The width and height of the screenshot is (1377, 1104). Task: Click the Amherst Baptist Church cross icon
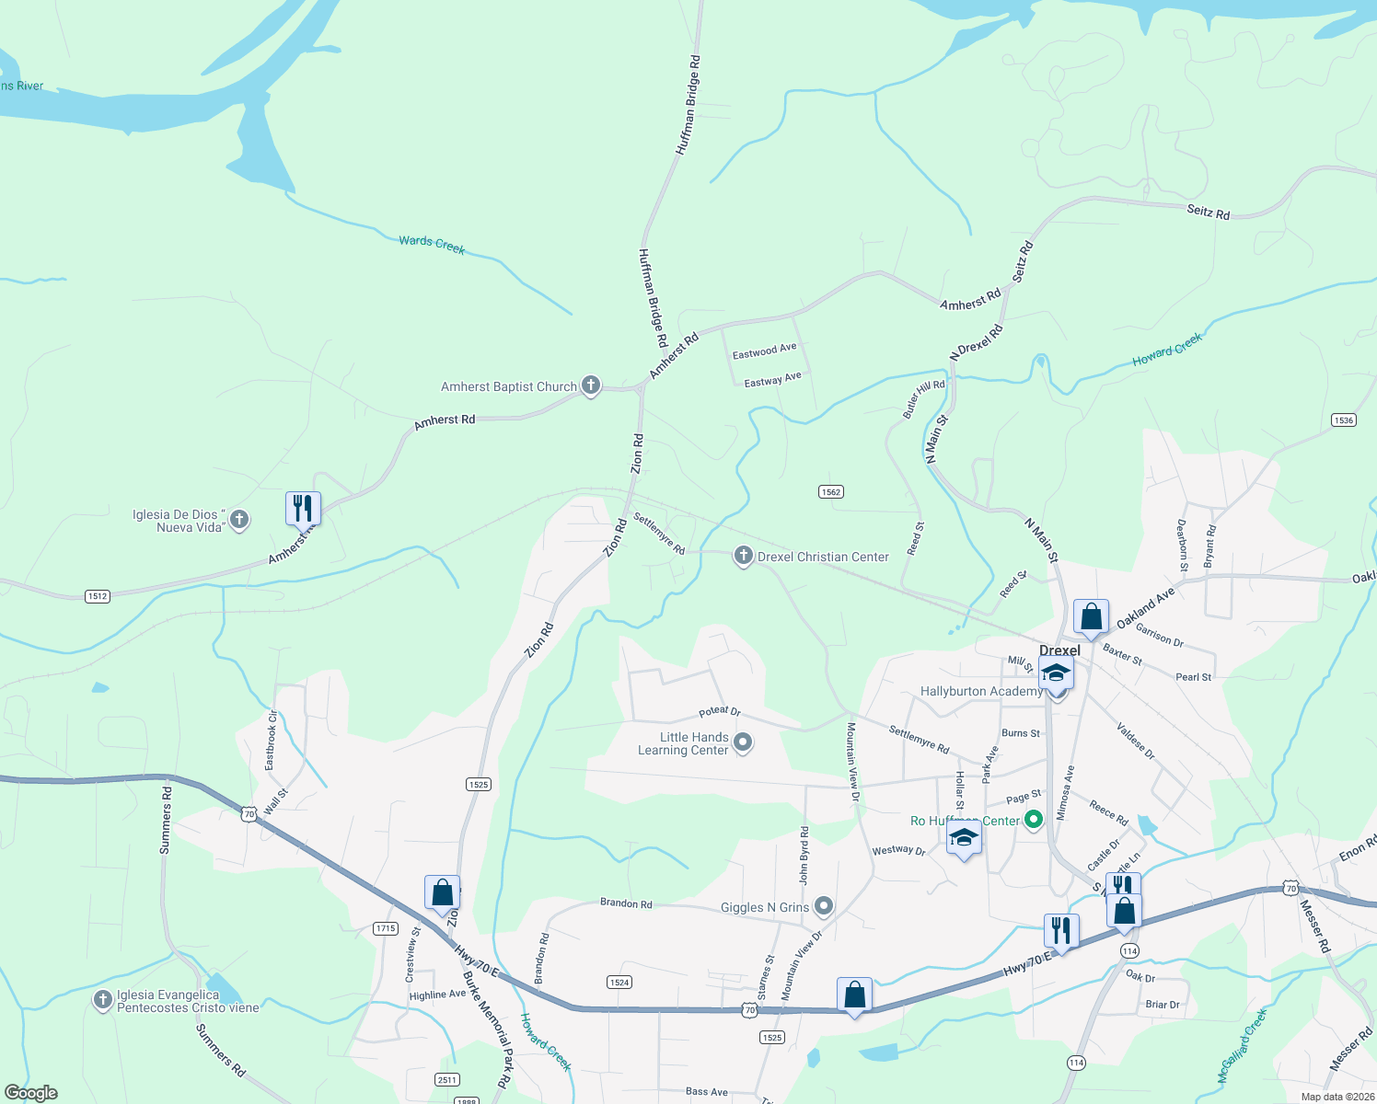pyautogui.click(x=591, y=386)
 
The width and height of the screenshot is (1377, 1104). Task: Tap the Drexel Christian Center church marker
pyautogui.click(x=744, y=557)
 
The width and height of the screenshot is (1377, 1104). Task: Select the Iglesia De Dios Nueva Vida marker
pyautogui.click(x=239, y=520)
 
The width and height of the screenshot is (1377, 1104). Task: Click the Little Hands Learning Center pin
pyautogui.click(x=744, y=742)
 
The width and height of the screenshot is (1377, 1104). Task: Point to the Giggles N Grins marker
pyautogui.click(x=824, y=907)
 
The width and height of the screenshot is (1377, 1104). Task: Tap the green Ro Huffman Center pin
pyautogui.click(x=1034, y=818)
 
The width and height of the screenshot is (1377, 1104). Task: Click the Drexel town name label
pyautogui.click(x=1059, y=650)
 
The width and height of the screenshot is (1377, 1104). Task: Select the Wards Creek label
pyautogui.click(x=432, y=245)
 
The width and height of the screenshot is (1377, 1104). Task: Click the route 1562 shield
pyautogui.click(x=831, y=492)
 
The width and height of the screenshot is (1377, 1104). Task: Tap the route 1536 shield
pyautogui.click(x=1344, y=420)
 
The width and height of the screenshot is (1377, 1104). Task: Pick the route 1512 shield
pyautogui.click(x=98, y=596)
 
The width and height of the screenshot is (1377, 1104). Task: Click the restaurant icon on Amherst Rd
pyautogui.click(x=303, y=508)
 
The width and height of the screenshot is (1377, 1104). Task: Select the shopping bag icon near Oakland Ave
pyautogui.click(x=1091, y=616)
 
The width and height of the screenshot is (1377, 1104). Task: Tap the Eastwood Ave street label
pyautogui.click(x=764, y=351)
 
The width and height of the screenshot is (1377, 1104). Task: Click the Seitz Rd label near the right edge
pyautogui.click(x=1208, y=212)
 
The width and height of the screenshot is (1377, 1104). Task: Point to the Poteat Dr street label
pyautogui.click(x=719, y=711)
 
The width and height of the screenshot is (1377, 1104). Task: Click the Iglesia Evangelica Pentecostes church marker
pyautogui.click(x=103, y=1000)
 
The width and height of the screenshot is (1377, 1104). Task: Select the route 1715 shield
pyautogui.click(x=386, y=928)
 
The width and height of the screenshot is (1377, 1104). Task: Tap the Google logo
pyautogui.click(x=31, y=1092)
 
